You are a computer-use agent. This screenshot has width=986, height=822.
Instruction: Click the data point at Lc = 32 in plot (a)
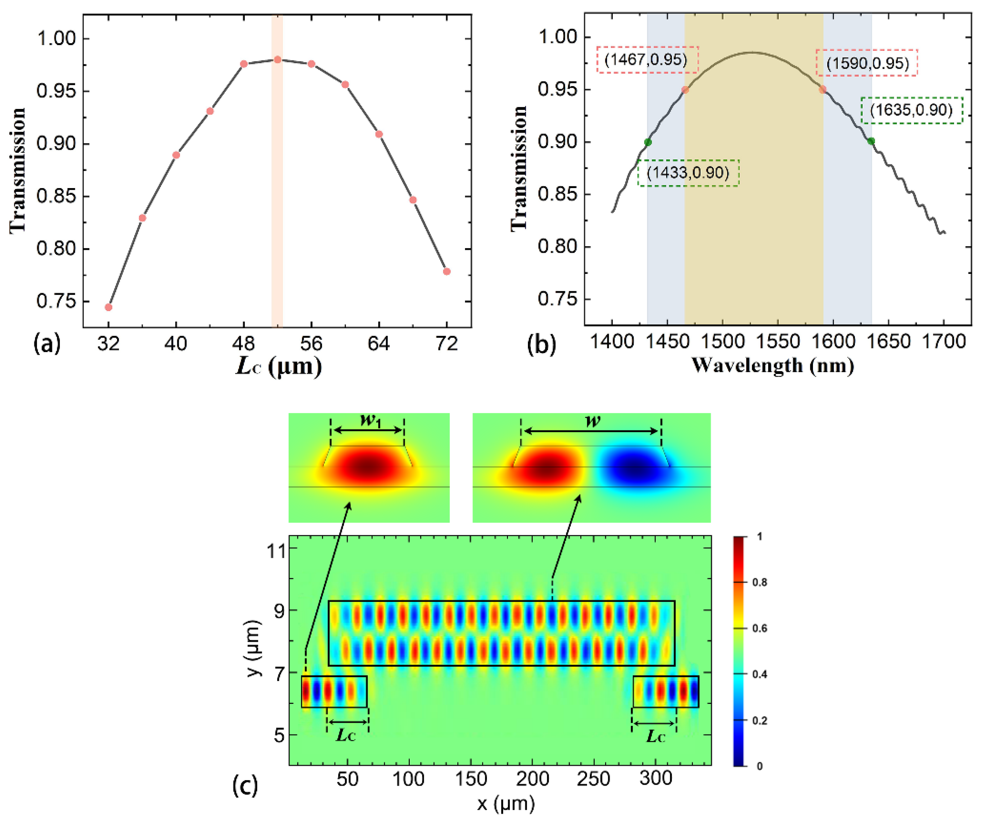tap(109, 307)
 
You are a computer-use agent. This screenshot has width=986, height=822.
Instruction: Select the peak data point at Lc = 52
tap(277, 60)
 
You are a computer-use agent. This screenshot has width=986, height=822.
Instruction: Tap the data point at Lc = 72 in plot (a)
tap(446, 271)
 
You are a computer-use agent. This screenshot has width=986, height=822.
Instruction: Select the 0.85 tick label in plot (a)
tap(56, 196)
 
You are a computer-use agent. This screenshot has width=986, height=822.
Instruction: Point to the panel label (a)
tap(47, 344)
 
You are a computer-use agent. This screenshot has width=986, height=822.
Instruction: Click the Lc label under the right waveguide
tap(655, 736)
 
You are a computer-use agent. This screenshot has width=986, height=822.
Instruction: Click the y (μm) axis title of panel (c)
tap(254, 648)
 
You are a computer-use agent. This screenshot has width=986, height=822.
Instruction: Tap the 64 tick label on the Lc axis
tap(378, 344)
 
